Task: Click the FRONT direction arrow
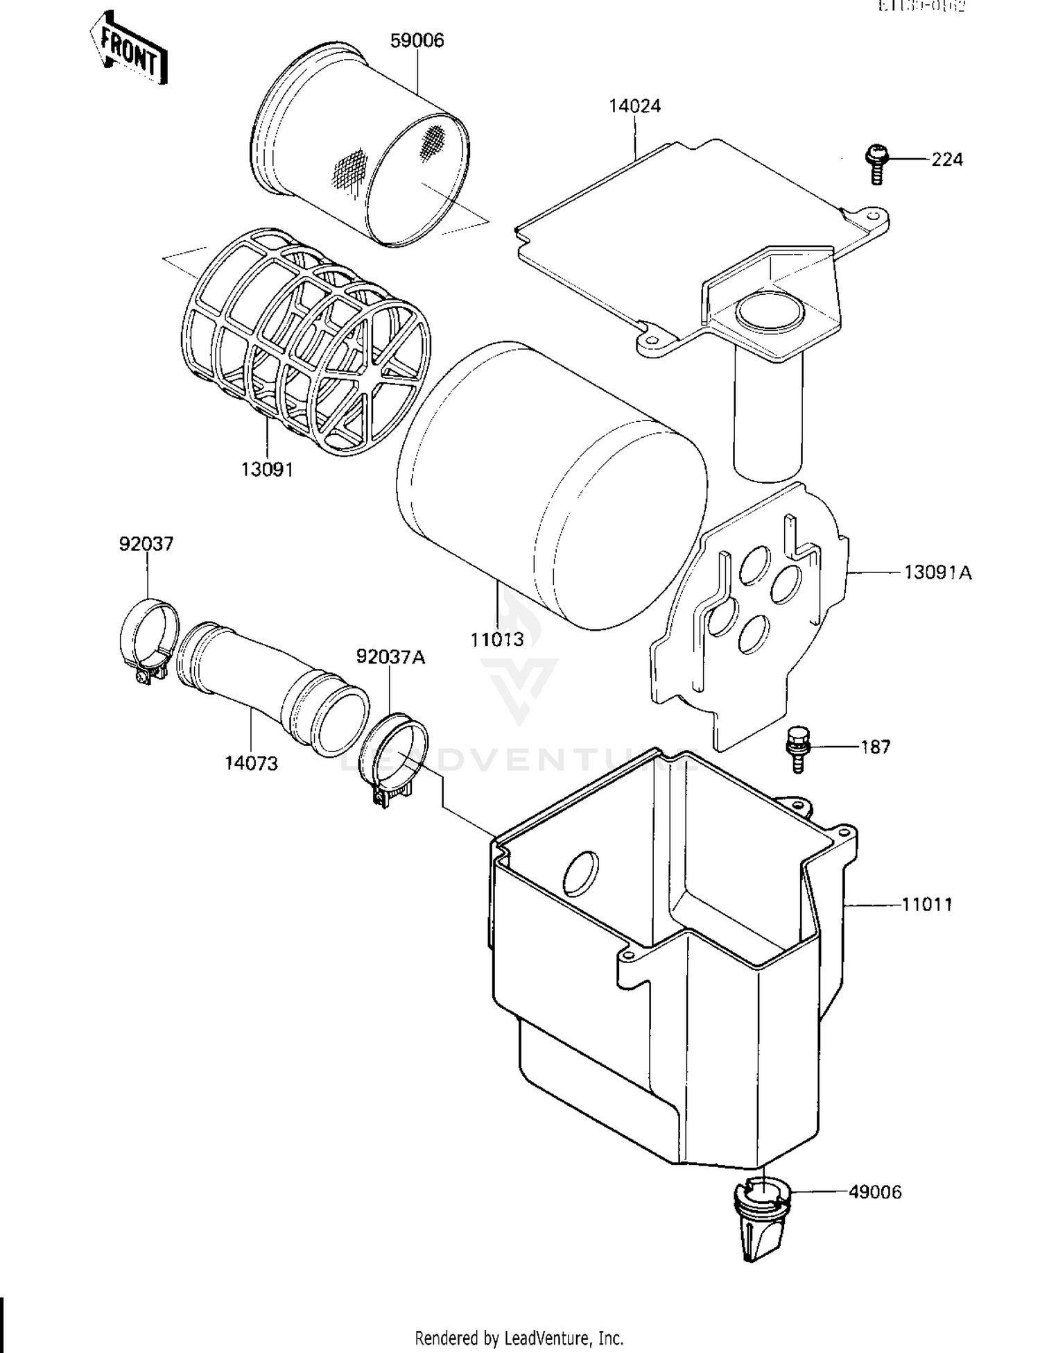(x=128, y=49)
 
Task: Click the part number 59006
(x=417, y=40)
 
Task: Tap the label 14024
(x=634, y=106)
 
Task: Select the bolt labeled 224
(x=878, y=163)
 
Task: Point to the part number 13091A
(x=937, y=572)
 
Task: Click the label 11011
(x=927, y=904)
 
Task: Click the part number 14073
(x=251, y=763)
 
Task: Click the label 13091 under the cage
(x=267, y=470)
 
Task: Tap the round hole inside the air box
(x=580, y=873)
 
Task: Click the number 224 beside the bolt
(x=946, y=160)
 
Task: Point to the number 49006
(x=875, y=1192)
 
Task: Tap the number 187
(x=875, y=747)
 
